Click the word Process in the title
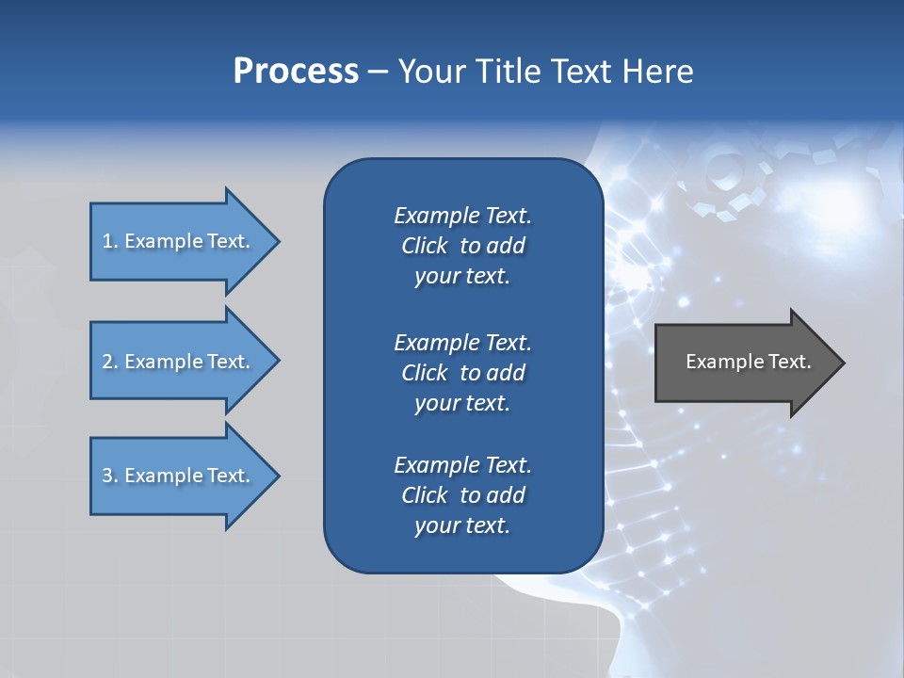tap(296, 72)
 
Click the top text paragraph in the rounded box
tap(462, 246)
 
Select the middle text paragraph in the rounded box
tap(462, 373)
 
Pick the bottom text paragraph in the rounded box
tap(462, 495)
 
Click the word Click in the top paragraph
tap(424, 246)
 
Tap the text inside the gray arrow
tap(748, 362)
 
